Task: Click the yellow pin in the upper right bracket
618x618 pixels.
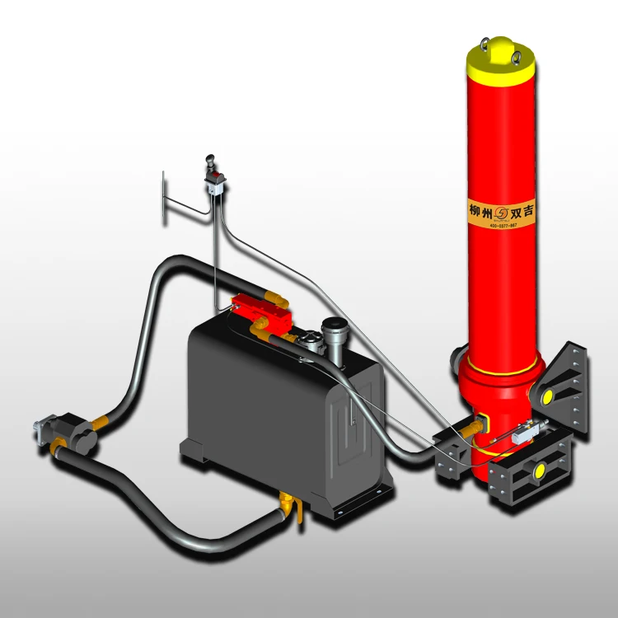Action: [545, 397]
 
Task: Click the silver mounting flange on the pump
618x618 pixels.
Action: [40, 429]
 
